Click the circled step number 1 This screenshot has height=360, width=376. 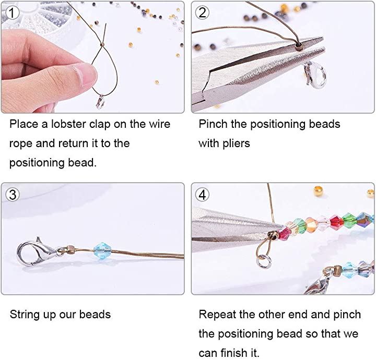[11, 13]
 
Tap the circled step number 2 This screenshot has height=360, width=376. [202, 13]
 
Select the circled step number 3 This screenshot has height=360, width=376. [12, 195]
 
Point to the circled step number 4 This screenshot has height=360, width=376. [202, 195]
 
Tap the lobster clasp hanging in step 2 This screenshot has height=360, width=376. [315, 75]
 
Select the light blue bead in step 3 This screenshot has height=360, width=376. [102, 250]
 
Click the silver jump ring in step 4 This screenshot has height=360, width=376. [264, 261]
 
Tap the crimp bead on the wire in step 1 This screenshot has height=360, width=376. [102, 44]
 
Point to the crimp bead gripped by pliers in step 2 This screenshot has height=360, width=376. [299, 45]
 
